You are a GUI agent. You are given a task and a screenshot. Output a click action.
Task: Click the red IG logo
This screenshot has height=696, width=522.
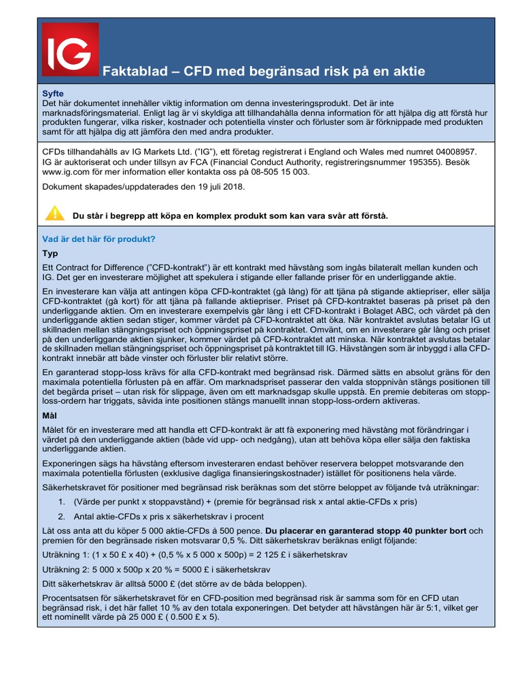coord(70,49)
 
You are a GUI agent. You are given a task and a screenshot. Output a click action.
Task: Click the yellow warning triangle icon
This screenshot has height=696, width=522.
coord(54,214)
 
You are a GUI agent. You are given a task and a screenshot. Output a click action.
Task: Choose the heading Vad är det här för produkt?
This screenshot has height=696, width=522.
coord(99,239)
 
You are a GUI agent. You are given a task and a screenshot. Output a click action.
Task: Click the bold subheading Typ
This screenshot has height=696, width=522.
coord(50,254)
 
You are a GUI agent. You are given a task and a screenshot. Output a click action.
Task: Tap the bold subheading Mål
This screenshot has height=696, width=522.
coord(50,415)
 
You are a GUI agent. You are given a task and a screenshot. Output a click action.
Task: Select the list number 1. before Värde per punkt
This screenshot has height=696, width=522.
coord(63,502)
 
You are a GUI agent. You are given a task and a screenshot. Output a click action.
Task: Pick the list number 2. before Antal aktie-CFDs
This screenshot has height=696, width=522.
coord(63,516)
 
